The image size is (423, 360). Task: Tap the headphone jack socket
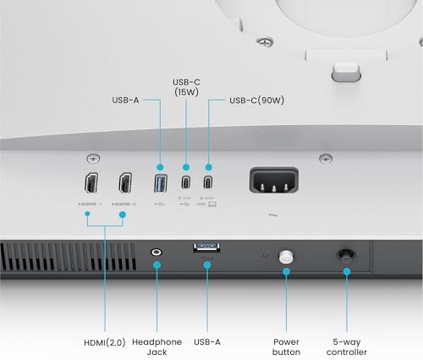coord(157,251)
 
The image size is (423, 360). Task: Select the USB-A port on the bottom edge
coord(206,247)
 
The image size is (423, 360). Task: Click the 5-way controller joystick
coord(345,254)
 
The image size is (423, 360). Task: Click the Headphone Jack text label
coord(157,346)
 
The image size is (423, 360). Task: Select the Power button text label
coord(286,346)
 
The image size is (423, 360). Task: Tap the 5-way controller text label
coord(347,346)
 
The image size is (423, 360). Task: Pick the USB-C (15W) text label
coord(185,85)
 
